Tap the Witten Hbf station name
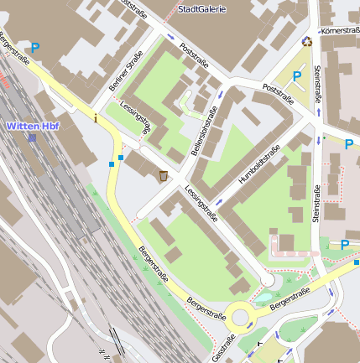33,126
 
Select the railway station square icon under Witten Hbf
32,137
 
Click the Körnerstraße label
339,31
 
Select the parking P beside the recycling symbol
296,77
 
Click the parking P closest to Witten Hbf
35,49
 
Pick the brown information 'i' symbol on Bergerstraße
96,118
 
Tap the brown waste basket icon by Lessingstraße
163,175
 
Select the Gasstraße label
224,347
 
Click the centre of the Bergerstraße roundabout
243,317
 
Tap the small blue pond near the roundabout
264,297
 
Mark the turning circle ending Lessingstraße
267,279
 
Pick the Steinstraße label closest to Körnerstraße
318,84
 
